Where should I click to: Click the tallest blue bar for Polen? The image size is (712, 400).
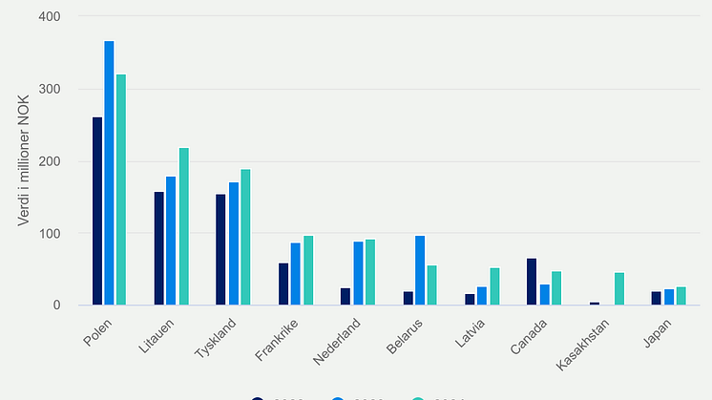point(109,174)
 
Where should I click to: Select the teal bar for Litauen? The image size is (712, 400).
point(183,227)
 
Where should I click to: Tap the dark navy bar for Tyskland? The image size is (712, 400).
point(221,250)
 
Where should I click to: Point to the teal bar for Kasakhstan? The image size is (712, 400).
point(618,289)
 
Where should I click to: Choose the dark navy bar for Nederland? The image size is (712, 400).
point(346,297)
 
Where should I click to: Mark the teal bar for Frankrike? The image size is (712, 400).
point(308,271)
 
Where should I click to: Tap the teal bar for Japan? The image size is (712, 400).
point(681,296)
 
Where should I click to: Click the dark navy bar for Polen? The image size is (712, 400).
point(97,211)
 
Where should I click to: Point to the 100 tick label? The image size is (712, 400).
point(50,234)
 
